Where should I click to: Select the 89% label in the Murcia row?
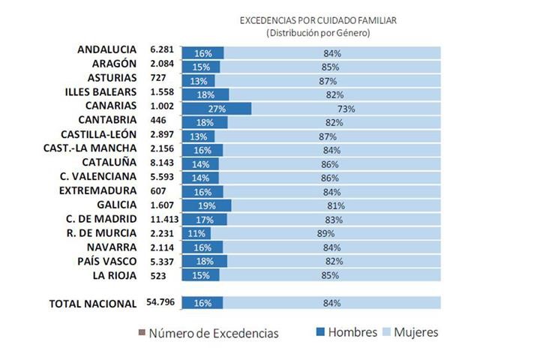pyautogui.click(x=326, y=233)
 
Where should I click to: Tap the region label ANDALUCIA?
pyautogui.click(x=106, y=50)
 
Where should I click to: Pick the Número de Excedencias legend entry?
pyautogui.click(x=208, y=333)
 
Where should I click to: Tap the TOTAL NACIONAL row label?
pyautogui.click(x=92, y=303)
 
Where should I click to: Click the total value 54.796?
pyautogui.click(x=162, y=303)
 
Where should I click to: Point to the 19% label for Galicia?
pyautogui.click(x=206, y=205)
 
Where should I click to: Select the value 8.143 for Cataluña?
pyautogui.click(x=163, y=163)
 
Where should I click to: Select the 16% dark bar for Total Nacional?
pyautogui.click(x=202, y=303)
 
